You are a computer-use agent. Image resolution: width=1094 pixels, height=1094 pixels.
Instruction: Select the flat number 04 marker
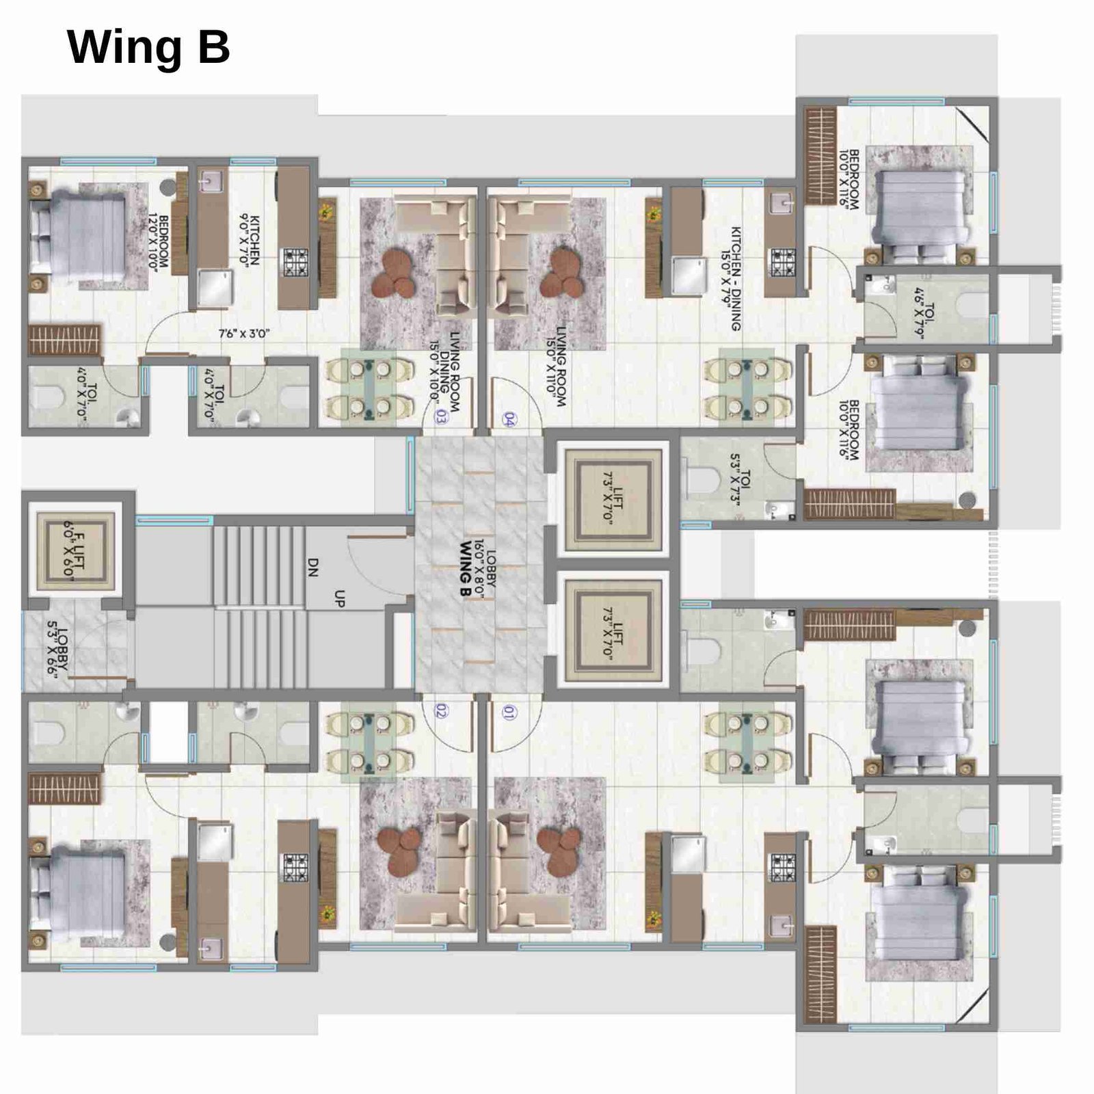click(508, 419)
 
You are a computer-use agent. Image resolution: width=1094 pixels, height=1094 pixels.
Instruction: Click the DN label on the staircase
click(313, 567)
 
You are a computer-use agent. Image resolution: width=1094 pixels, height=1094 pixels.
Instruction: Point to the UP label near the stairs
click(339, 598)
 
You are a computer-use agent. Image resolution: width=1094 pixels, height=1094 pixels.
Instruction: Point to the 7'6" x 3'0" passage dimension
click(244, 334)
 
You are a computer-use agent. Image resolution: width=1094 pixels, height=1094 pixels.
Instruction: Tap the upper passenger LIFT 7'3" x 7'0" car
click(612, 497)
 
